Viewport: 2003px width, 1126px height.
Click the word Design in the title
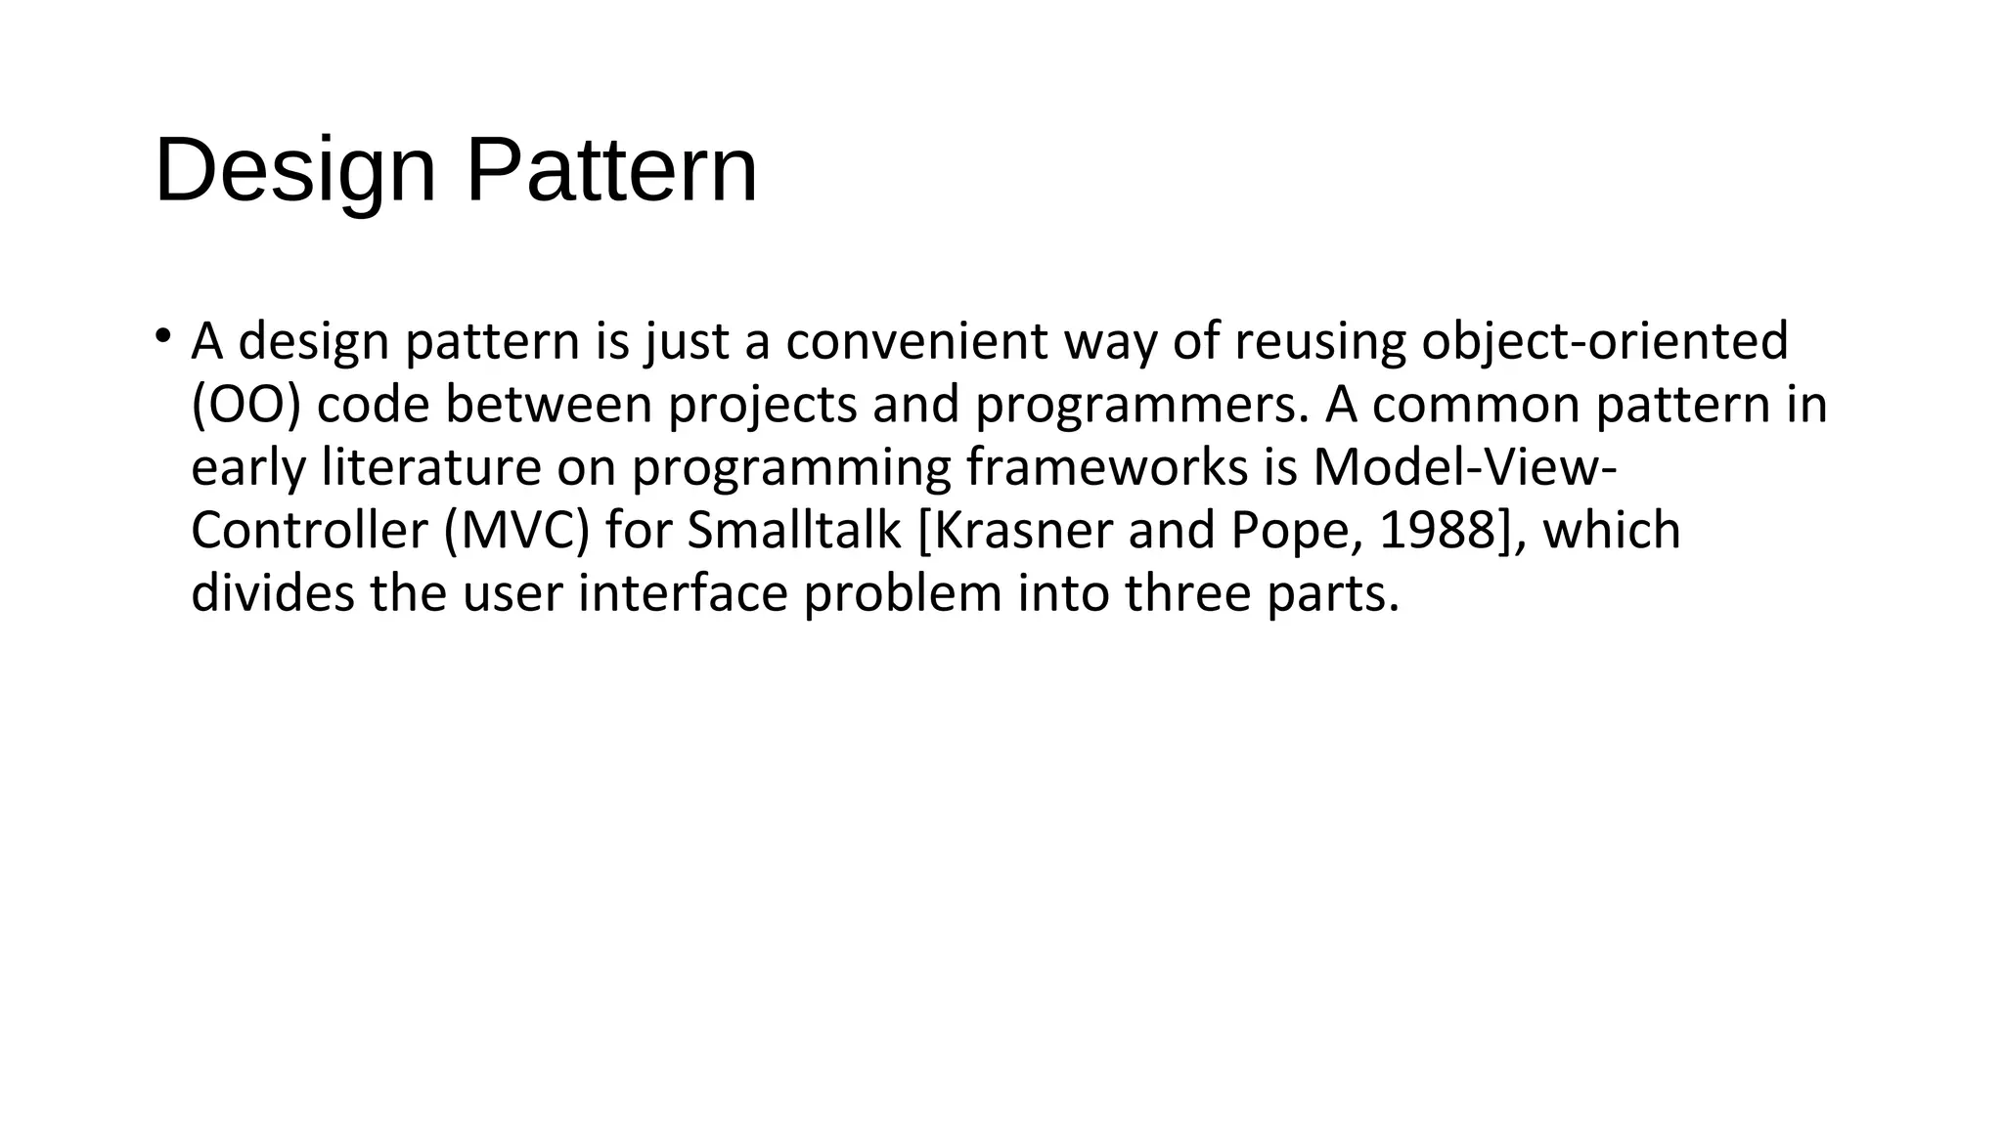pyautogui.click(x=294, y=171)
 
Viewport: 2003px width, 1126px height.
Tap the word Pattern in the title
pyautogui.click(x=611, y=171)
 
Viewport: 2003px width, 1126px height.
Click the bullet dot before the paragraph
pyautogui.click(x=162, y=336)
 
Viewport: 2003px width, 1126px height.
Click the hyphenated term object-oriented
pyautogui.click(x=1605, y=341)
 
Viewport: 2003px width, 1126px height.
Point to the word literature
pyautogui.click(x=431, y=467)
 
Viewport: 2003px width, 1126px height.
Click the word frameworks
pyautogui.click(x=1107, y=467)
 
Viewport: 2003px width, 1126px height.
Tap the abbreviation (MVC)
pyautogui.click(x=516, y=531)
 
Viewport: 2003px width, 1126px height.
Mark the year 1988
pyautogui.click(x=1439, y=531)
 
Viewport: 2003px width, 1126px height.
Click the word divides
pyautogui.click(x=273, y=593)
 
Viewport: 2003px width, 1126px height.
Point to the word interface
pyautogui.click(x=683, y=593)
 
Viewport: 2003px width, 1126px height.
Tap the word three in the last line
pyautogui.click(x=1188, y=593)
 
